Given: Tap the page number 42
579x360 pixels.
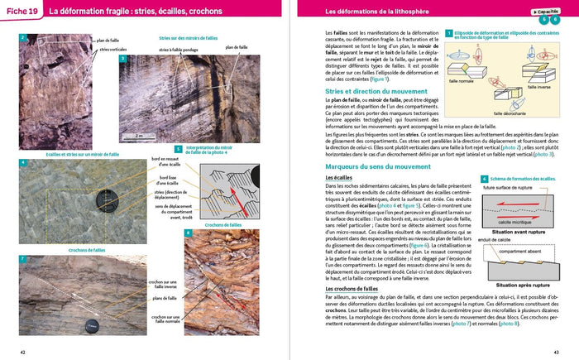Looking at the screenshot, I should coord(23,352).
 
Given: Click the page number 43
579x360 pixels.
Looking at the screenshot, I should coord(556,352).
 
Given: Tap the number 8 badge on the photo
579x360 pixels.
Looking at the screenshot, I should coord(188,234).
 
